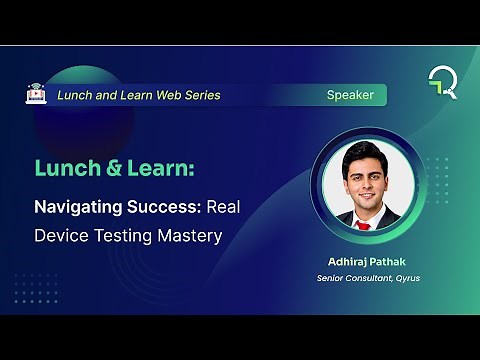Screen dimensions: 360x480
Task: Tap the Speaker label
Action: click(x=350, y=95)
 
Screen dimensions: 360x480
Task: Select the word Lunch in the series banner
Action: click(x=75, y=95)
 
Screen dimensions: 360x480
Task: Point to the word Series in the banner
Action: click(x=199, y=95)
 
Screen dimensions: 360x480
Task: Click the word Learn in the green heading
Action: click(x=156, y=169)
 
